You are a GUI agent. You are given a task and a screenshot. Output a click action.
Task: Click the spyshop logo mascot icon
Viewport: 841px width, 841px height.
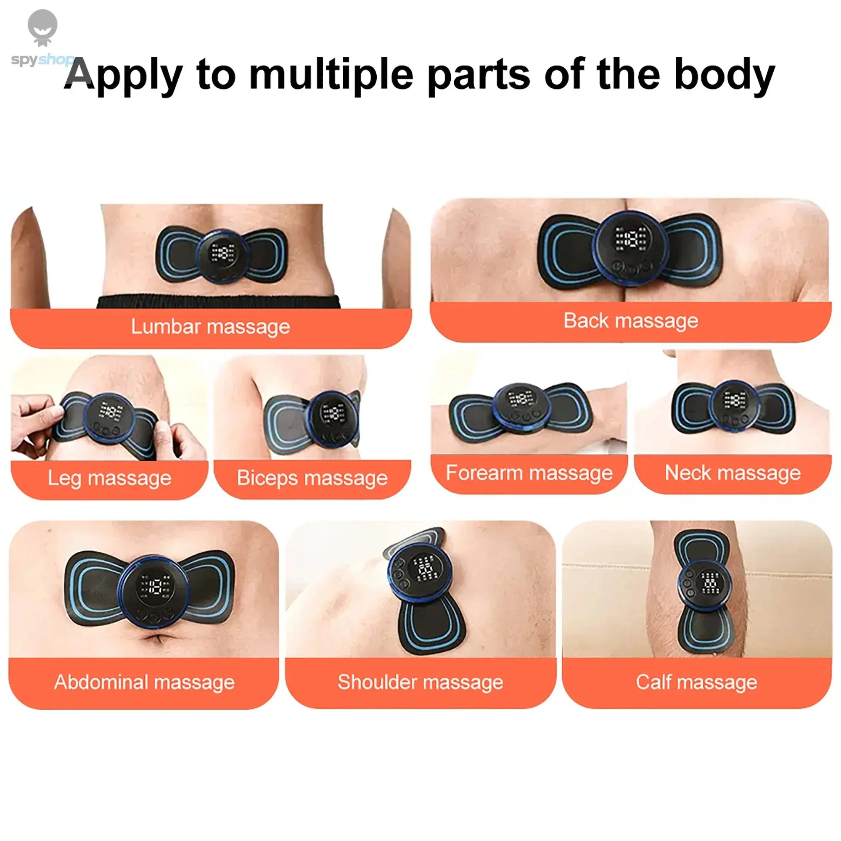click(42, 27)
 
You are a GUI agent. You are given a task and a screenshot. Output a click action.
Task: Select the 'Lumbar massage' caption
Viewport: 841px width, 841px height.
click(210, 326)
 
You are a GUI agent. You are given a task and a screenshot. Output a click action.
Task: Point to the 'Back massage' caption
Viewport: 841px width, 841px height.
click(631, 321)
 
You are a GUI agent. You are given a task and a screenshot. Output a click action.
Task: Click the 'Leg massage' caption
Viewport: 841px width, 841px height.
click(109, 478)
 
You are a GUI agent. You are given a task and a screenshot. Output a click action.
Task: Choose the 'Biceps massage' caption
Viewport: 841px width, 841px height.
click(312, 478)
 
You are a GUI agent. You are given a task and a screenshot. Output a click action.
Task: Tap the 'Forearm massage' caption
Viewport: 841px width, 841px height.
click(529, 473)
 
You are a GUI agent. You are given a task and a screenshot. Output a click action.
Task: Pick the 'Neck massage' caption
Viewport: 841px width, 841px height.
click(733, 473)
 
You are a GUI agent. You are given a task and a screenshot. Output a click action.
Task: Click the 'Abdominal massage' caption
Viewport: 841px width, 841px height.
click(144, 682)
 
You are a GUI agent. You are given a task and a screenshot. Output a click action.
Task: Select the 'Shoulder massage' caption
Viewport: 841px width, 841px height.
click(420, 682)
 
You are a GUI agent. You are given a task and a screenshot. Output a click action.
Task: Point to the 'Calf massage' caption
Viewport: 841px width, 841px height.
click(696, 682)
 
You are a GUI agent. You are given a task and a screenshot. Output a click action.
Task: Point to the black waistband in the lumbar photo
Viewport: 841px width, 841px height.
click(218, 301)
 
